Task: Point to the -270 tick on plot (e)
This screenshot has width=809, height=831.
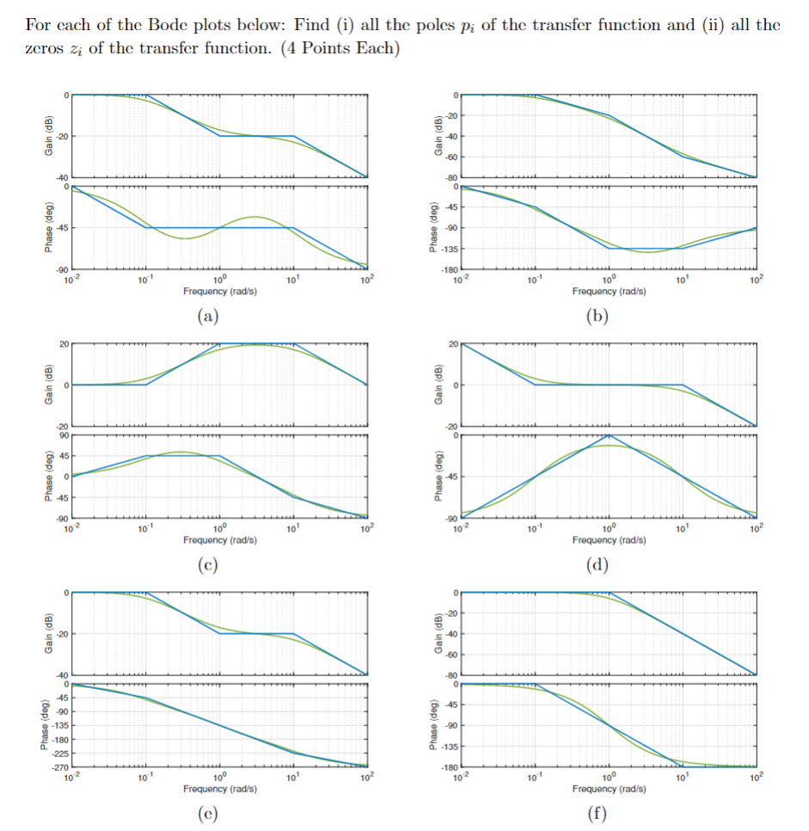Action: [x=58, y=766]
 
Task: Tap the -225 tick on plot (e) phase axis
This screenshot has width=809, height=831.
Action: [x=58, y=753]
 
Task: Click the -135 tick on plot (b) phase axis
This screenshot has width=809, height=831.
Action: [x=447, y=249]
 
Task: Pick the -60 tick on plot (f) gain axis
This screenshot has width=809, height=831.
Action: [x=449, y=655]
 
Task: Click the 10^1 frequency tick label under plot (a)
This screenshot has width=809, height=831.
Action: [x=292, y=280]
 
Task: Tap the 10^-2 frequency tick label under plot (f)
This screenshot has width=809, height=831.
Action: [x=462, y=779]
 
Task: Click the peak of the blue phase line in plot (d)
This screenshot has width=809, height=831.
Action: [x=609, y=435]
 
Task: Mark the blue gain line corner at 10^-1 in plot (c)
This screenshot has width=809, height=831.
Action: [x=146, y=385]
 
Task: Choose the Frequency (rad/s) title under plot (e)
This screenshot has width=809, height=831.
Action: [x=219, y=789]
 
